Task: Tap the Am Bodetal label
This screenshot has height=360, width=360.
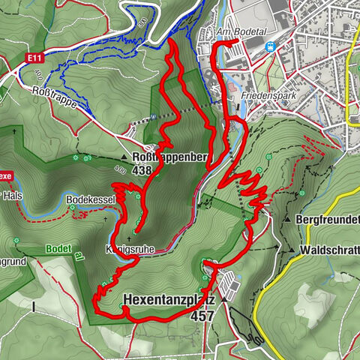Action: click(x=239, y=33)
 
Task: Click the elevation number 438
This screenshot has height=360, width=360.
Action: click(x=141, y=170)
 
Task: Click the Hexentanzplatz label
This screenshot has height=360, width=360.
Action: click(x=169, y=301)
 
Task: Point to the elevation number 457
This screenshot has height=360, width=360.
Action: click(x=202, y=316)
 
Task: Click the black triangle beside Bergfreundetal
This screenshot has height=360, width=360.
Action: click(x=287, y=220)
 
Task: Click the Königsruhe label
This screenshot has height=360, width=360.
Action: click(x=122, y=248)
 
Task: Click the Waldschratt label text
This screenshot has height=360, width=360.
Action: click(x=328, y=249)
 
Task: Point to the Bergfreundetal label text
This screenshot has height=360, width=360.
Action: click(x=328, y=220)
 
